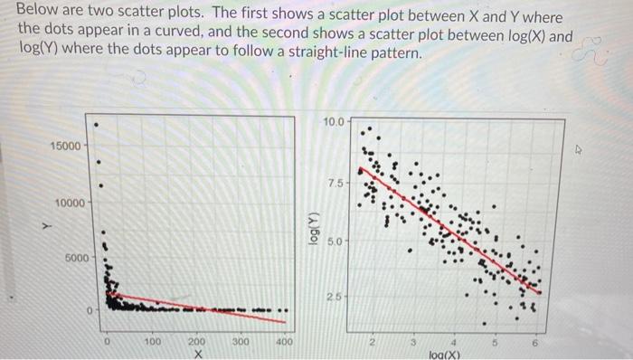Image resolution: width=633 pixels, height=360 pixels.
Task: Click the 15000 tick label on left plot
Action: [69, 145]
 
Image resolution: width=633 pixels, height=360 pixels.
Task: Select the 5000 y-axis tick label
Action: [76, 258]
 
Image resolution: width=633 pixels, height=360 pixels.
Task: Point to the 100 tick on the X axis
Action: [153, 343]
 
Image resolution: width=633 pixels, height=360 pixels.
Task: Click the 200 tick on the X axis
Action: [196, 343]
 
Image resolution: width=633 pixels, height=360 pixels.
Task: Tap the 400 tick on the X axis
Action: [285, 343]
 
